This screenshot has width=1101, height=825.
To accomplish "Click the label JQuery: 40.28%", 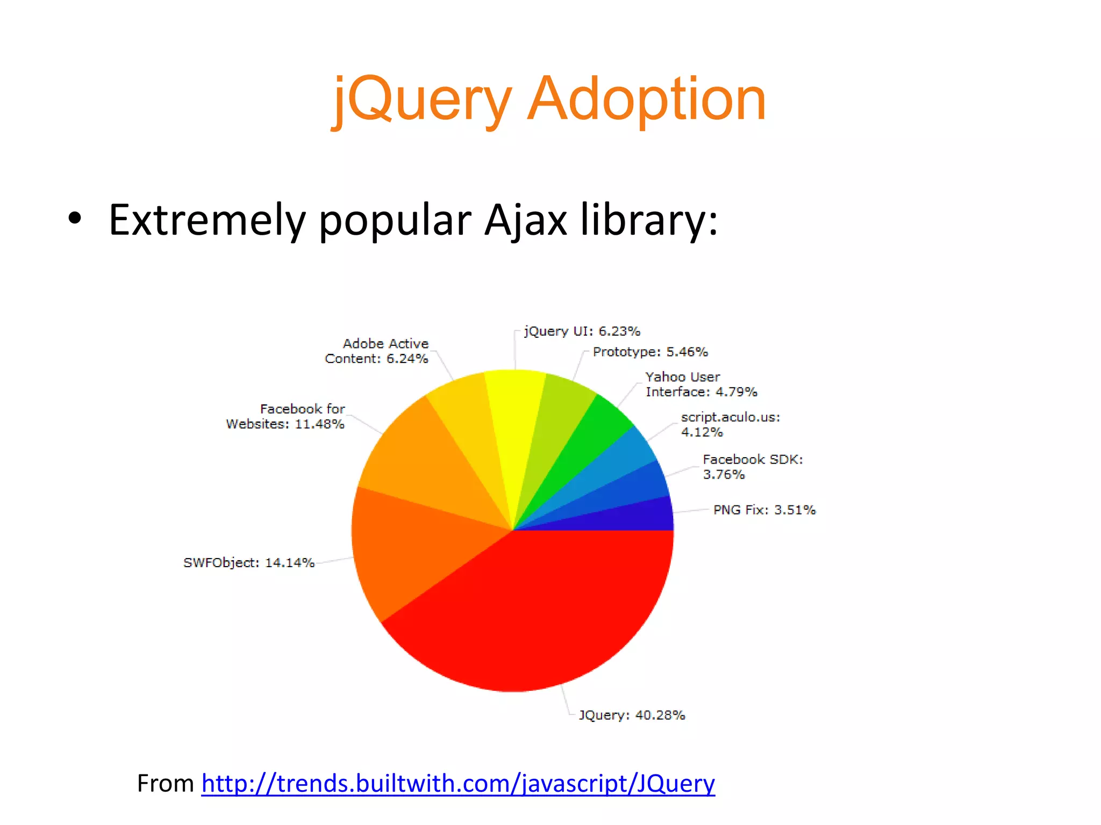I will pos(632,715).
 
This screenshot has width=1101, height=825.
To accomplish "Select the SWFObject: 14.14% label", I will pos(248,563).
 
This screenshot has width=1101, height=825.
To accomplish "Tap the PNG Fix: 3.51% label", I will pos(764,510).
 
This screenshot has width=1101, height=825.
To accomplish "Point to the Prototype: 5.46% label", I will pos(650,352).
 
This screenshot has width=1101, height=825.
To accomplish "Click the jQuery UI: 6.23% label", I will pos(582,331).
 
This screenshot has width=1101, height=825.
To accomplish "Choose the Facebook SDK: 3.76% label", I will pos(753,467).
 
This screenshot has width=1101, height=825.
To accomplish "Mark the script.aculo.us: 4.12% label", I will pos(730,425).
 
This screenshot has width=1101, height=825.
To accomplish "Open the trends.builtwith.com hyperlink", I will pos(458,784).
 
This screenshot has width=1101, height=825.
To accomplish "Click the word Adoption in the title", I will pos(647,100).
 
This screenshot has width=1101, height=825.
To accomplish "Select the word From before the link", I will pos(166,784).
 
